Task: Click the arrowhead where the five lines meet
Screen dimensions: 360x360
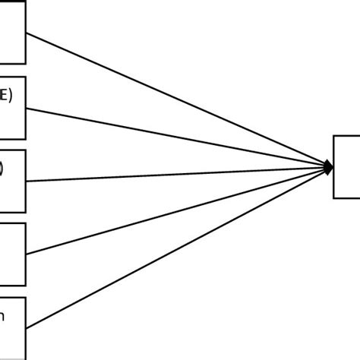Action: pyautogui.click(x=328, y=167)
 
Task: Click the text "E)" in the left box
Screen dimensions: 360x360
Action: pyautogui.click(x=5, y=96)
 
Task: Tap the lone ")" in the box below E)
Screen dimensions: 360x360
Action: pyautogui.click(x=2, y=169)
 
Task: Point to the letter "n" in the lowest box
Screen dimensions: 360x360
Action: pyautogui.click(x=2, y=317)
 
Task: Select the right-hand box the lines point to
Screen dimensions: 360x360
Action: pyautogui.click(x=346, y=167)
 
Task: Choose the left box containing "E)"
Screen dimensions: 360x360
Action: pyautogui.click(x=12, y=107)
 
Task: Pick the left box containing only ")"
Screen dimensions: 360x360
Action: pyautogui.click(x=12, y=181)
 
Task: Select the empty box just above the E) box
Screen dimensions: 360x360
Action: pyautogui.click(x=12, y=33)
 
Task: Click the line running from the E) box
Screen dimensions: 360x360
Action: pyautogui.click(x=175, y=137)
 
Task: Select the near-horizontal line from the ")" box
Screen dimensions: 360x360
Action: pyautogui.click(x=175, y=174)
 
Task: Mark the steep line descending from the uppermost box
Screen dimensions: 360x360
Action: pyautogui.click(x=175, y=100)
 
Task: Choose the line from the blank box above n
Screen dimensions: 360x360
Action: pyautogui.click(x=175, y=210)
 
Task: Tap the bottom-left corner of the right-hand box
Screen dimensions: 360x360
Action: pyautogui.click(x=333, y=197)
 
